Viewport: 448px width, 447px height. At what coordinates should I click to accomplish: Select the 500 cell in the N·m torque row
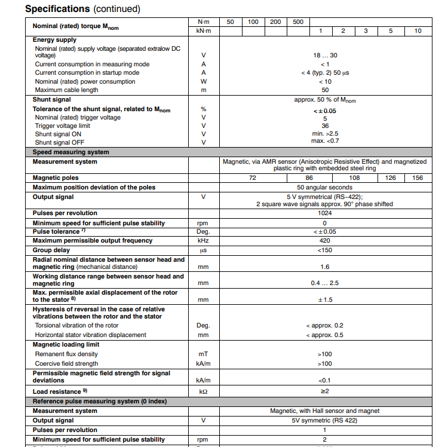point(298,22)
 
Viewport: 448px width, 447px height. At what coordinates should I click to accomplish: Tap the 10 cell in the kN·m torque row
point(418,30)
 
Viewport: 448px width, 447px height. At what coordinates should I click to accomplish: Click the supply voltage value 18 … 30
point(325,56)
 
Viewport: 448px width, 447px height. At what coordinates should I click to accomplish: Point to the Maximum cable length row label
point(66,90)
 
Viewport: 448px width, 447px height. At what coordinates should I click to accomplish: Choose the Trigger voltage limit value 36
point(325,126)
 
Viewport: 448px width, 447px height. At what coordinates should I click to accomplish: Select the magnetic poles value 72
point(252,178)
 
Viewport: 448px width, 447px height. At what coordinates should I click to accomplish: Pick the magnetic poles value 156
point(418,178)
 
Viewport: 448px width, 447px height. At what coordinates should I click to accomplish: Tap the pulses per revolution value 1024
point(325,213)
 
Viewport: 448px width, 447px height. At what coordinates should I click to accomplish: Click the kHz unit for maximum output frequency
point(204,241)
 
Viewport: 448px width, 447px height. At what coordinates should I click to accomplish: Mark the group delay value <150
point(325,250)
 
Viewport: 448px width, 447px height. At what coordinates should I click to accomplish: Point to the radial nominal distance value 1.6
point(325,267)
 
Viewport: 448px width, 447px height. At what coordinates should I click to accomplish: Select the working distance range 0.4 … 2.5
point(325,283)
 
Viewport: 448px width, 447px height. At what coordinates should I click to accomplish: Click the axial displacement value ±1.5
point(325,299)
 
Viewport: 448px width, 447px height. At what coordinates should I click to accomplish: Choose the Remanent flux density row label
point(66,354)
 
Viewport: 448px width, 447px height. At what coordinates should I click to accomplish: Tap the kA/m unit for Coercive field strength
point(204,364)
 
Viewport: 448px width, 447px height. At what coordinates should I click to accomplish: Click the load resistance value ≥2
point(325,391)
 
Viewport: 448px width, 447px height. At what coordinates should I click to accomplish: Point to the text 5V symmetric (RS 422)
point(325,421)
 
